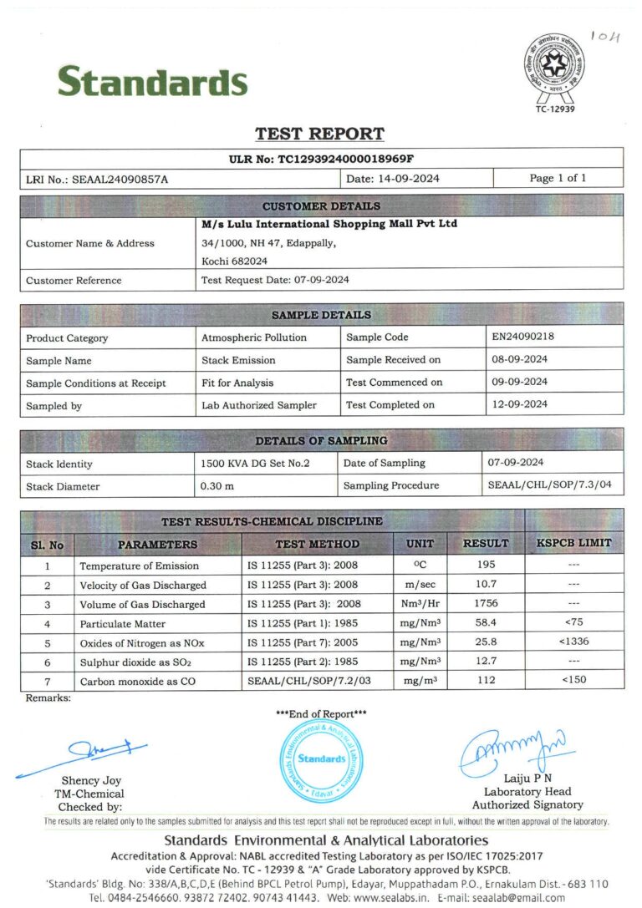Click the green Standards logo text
(152, 82)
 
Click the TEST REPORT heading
(319, 134)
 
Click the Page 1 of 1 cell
(558, 178)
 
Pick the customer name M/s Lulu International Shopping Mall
(329, 224)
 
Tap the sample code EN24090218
(523, 337)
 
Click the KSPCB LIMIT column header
(573, 543)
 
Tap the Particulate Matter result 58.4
(485, 623)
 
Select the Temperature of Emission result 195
(485, 566)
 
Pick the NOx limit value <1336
(573, 642)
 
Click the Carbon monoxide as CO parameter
(137, 682)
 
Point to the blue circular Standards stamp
(321, 758)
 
